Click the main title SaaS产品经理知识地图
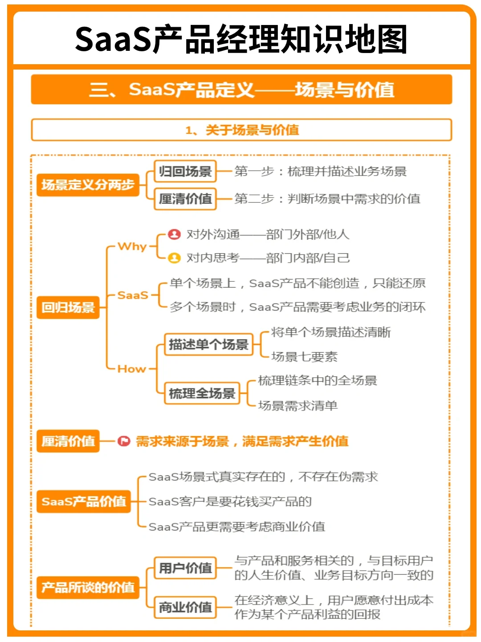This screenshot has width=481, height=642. [241, 39]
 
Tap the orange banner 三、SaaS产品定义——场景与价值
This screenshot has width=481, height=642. [241, 90]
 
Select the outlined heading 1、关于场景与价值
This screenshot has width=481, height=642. [241, 130]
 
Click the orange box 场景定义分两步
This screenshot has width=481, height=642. [88, 185]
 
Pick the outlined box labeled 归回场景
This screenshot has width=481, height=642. [185, 172]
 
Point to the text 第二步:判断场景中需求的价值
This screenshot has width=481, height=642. [327, 199]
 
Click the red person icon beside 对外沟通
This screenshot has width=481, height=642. [174, 234]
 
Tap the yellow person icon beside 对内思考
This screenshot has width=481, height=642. [174, 258]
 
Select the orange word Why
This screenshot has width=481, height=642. [132, 247]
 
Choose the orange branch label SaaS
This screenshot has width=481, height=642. [133, 295]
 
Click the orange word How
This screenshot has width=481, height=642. [132, 369]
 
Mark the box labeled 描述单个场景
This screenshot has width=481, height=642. [208, 345]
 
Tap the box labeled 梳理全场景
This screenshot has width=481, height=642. [202, 393]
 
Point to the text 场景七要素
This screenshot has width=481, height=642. [304, 357]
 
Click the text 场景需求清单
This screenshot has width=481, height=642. [298, 406]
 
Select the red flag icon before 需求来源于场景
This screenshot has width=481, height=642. [123, 441]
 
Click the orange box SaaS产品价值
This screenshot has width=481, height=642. [83, 502]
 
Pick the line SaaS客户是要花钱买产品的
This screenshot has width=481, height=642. [230, 502]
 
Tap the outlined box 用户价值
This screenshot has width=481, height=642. [185, 568]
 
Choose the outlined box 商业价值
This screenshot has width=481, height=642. [185, 607]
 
